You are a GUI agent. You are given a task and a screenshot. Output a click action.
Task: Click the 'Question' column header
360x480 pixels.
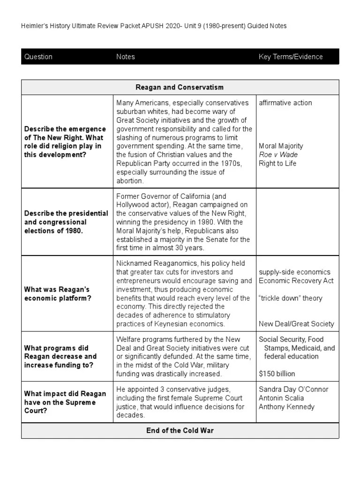tap(38, 57)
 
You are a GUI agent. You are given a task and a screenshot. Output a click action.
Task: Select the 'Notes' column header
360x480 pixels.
tap(125, 57)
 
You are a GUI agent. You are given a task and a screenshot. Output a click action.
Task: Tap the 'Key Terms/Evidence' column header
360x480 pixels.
tap(291, 57)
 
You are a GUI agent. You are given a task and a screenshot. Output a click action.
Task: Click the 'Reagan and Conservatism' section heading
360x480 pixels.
tap(180, 87)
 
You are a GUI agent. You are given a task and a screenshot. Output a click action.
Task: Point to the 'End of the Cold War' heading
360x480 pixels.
tap(180, 430)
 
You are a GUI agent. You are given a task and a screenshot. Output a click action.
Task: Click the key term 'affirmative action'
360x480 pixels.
tap(285, 103)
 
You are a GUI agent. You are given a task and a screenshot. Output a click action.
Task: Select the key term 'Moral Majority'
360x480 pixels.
tap(281, 146)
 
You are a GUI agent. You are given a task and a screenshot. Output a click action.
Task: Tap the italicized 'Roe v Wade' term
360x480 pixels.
tap(278, 155)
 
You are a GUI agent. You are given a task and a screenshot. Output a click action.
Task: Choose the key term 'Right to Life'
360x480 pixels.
tap(277, 164)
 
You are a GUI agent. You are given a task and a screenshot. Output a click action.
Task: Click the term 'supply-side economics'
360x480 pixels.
tap(294, 272)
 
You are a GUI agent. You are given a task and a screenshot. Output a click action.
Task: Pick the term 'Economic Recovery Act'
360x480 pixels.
tap(296, 281)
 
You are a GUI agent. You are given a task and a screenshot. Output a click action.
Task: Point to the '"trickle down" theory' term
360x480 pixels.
tap(291, 298)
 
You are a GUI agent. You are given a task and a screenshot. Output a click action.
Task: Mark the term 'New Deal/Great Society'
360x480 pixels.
tap(296, 324)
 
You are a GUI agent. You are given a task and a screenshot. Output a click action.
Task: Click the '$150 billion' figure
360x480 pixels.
tap(277, 374)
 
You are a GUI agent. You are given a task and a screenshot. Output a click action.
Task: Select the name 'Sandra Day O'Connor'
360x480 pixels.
tap(293, 390)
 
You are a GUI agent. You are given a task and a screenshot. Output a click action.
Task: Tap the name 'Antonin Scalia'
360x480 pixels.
tap(281, 398)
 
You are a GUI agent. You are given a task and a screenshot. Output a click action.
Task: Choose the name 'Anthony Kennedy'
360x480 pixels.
tap(286, 407)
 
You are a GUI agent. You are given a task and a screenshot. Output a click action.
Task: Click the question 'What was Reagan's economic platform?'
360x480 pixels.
tap(57, 294)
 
